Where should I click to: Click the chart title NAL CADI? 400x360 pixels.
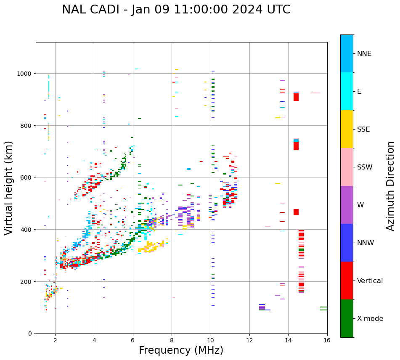pos(176,10)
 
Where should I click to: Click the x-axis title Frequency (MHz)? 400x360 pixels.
pos(181,350)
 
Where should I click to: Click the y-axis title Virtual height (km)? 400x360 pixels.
pos(9,188)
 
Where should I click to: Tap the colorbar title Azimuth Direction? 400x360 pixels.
pos(391,186)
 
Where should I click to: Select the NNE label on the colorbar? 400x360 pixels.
pos(364,53)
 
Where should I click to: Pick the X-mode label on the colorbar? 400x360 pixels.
pos(370,319)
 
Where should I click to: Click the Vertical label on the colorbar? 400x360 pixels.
pos(370,281)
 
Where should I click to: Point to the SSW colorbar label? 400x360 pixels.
pos(365,167)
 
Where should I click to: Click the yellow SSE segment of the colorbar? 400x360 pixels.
pos(347,129)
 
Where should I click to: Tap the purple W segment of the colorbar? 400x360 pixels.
pos(347,205)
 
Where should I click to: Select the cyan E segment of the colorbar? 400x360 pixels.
pos(347,91)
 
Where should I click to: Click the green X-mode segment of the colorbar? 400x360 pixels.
pos(347,318)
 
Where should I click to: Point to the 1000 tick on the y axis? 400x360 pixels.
pos(26,74)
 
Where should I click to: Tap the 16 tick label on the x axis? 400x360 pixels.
pos(327,341)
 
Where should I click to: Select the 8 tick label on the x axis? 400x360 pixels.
pos(172,341)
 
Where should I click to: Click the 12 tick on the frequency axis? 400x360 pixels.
pos(249,341)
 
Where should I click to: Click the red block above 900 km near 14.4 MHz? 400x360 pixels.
pos(296,97)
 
